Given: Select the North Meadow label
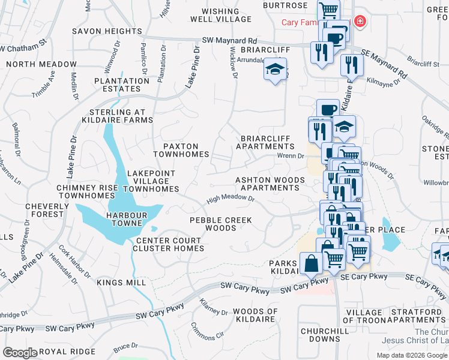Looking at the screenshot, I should click(41, 64).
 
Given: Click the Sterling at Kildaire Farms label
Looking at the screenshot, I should click(121, 116).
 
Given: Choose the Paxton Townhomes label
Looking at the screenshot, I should click(181, 150).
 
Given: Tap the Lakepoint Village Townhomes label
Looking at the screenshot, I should click(151, 181).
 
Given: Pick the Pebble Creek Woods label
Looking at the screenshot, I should click(221, 224).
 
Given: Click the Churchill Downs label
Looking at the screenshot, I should click(321, 334).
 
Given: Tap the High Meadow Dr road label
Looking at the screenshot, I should click(231, 197).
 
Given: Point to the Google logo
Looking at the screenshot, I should click(20, 353).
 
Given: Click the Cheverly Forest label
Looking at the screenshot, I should click(44, 210).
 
